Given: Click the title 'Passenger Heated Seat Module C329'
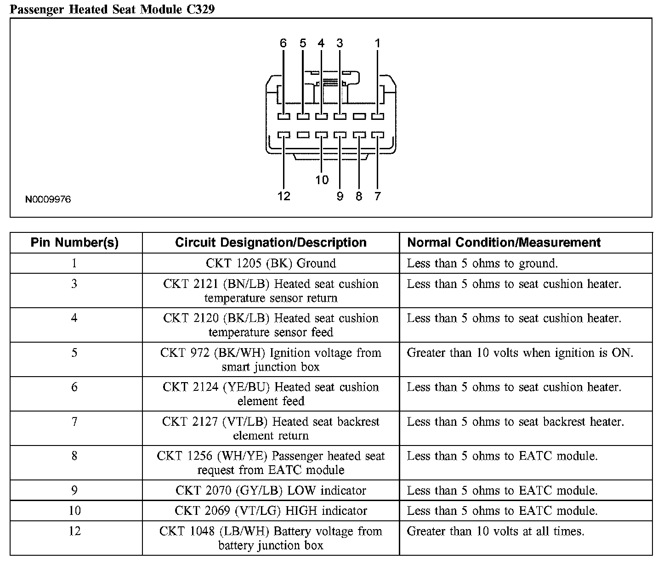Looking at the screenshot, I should (112, 9).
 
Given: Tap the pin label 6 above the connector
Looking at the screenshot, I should (283, 43).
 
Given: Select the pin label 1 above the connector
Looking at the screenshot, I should (377, 43).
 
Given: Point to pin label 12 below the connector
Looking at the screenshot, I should (284, 196).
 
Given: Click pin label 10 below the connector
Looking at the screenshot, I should (322, 180).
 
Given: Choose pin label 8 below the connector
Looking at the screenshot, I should (359, 196).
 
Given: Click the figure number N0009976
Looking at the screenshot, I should (48, 199).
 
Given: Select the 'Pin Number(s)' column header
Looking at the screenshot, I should (74, 243).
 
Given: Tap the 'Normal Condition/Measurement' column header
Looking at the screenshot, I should (504, 243).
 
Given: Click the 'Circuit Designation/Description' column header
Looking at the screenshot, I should (271, 243).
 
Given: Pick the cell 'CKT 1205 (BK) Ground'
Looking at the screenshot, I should (271, 263).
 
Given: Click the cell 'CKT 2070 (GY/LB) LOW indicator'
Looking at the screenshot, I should (271, 491).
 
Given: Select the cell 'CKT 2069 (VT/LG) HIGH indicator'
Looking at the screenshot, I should (271, 511).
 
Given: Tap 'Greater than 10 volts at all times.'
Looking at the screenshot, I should (495, 531).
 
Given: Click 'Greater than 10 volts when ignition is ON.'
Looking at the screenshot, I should (520, 353).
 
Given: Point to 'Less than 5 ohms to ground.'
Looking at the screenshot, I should (482, 263).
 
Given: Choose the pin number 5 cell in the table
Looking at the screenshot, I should (74, 353).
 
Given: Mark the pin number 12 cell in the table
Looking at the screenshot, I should (74, 531).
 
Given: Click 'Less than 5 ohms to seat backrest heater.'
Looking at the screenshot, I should (515, 422).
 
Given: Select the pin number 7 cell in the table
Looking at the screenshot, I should (74, 422).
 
